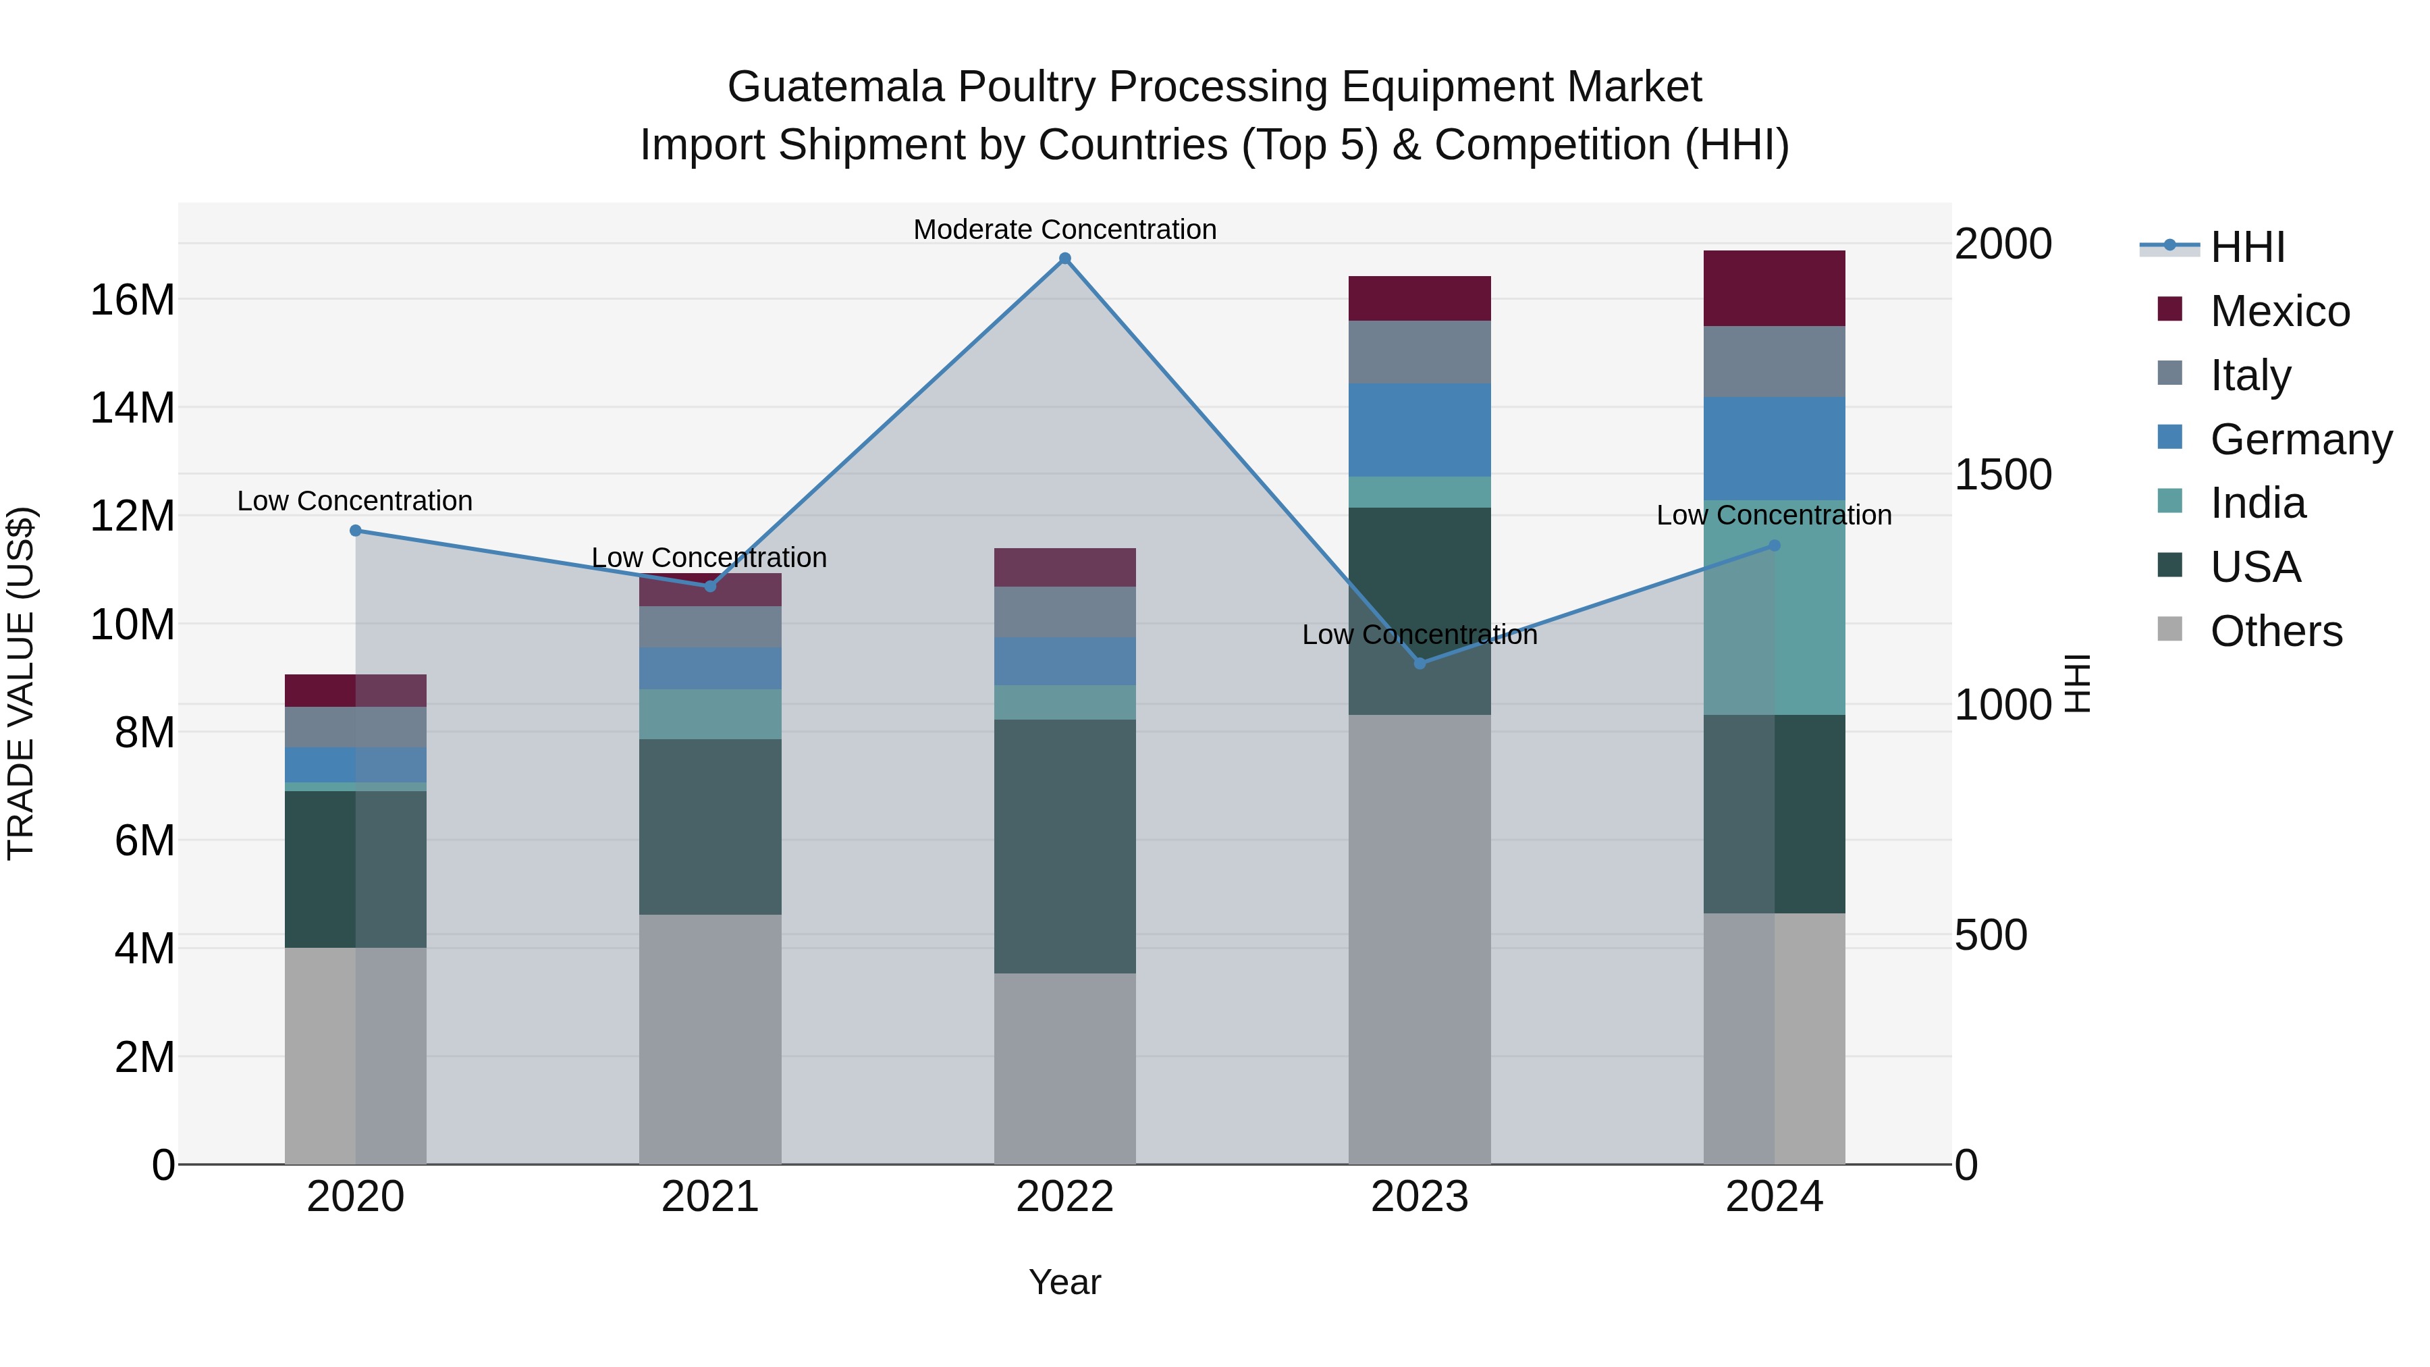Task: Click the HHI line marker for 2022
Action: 1065,259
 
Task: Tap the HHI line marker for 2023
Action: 1420,663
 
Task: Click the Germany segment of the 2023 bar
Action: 1419,430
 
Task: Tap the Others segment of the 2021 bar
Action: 709,1039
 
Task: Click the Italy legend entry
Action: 2250,375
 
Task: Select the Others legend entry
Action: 2275,631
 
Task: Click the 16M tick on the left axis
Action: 132,300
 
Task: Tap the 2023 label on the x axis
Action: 1419,1197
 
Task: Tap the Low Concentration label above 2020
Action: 354,501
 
